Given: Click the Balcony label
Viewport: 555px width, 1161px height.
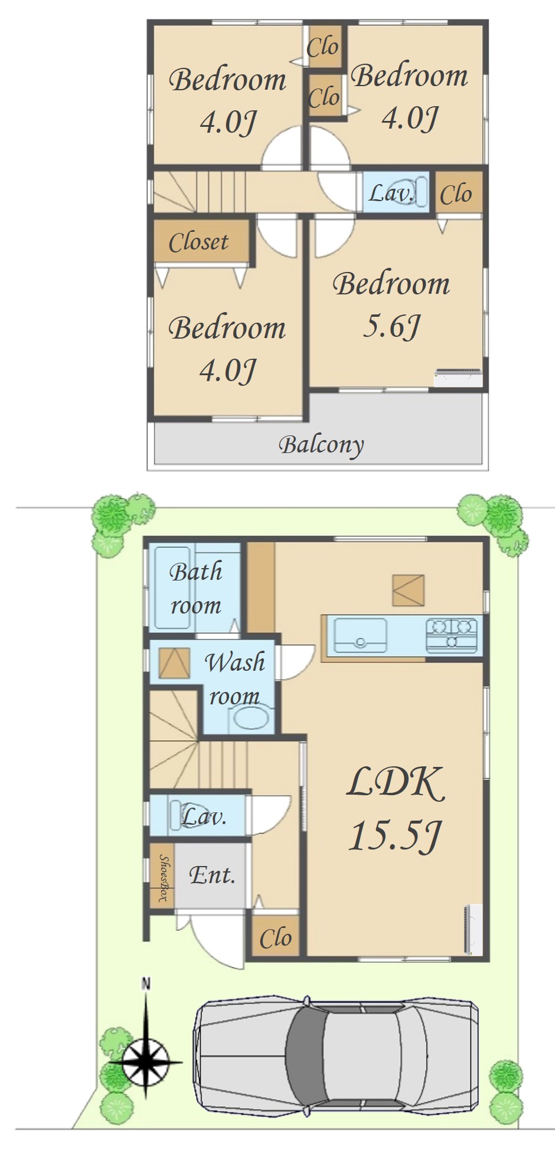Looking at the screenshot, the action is coord(321,444).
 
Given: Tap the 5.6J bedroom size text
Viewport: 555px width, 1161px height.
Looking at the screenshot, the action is coord(391,326).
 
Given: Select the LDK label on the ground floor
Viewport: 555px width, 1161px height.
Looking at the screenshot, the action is coord(395,783).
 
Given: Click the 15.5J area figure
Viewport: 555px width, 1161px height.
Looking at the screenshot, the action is coord(395,835).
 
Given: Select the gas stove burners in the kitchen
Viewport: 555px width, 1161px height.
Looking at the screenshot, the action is coord(452,634).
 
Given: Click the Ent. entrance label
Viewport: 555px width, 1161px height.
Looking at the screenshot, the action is coord(212,874).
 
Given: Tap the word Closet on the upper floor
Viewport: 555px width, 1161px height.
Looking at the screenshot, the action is coord(198,242).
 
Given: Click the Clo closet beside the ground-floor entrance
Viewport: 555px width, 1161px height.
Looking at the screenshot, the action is coord(276,937).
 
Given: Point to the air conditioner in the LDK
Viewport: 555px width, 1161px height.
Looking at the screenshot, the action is coord(473,929).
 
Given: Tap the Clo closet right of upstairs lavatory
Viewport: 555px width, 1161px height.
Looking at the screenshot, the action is coord(456,194).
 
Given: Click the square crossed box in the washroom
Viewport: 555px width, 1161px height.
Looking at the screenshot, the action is coord(174,663).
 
